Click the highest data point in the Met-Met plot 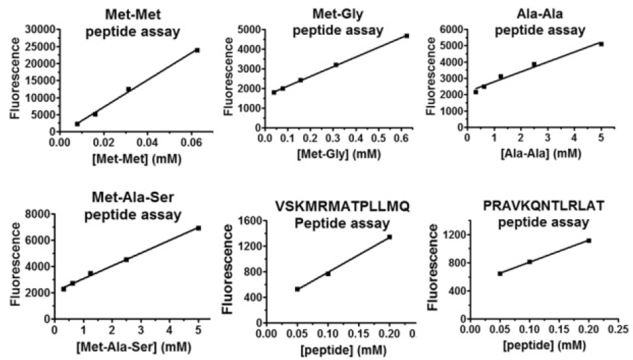point(197,50)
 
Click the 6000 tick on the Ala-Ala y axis point(451,29)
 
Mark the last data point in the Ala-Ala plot point(601,44)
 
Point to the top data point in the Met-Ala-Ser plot point(198,228)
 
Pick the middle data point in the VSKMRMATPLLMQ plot point(328,274)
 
